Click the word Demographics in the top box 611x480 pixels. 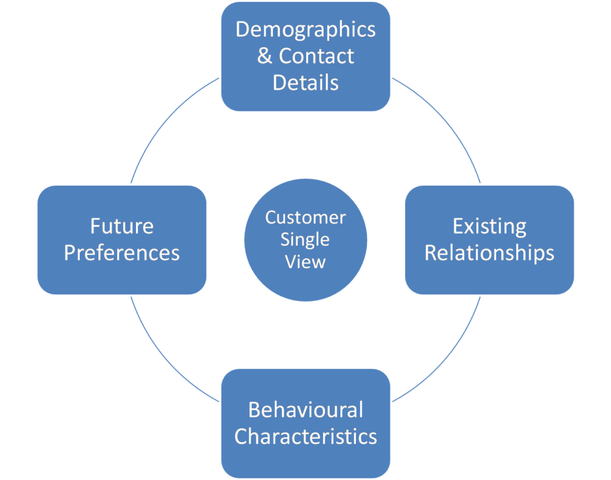[x=305, y=30]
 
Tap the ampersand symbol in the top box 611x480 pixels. [x=264, y=56]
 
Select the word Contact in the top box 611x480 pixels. [x=316, y=56]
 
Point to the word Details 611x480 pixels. [x=305, y=82]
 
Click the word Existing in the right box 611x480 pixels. [x=489, y=226]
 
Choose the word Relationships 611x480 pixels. [x=489, y=252]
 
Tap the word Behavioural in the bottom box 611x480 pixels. [x=305, y=410]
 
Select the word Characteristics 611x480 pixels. [x=305, y=436]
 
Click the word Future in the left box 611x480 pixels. [x=122, y=226]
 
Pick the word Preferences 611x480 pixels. [x=122, y=252]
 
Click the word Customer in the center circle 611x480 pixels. [x=305, y=218]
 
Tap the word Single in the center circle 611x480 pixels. [x=305, y=239]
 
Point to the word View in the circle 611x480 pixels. [x=305, y=261]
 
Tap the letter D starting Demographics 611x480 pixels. [x=243, y=30]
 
